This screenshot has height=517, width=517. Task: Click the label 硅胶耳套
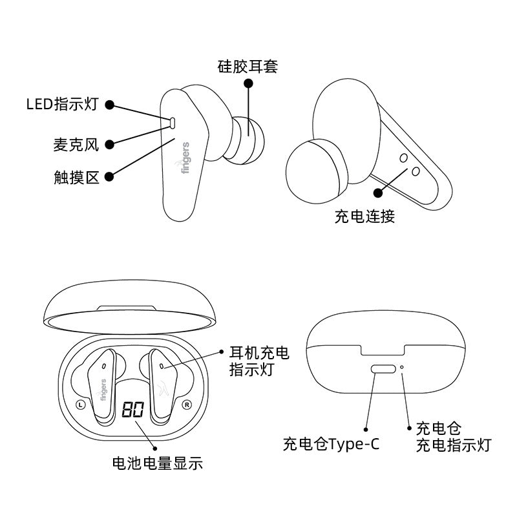pos(248,66)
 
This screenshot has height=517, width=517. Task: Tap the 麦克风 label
pos(76,145)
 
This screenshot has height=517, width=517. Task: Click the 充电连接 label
pos(364,216)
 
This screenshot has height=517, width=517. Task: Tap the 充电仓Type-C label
pos(331,445)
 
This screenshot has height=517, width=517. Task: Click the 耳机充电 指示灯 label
pos(260,361)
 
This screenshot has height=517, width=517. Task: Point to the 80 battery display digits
pos(132,409)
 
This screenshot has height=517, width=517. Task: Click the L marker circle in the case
pos(80,405)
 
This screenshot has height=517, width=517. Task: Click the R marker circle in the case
pos(187,405)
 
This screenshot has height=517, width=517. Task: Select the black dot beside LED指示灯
pos(110,105)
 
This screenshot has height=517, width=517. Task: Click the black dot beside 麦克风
pos(110,145)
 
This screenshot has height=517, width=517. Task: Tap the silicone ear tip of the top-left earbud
pos(247,138)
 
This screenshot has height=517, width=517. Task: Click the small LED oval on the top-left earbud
pos(173,121)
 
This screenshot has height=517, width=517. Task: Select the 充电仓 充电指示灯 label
pos(452,437)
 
